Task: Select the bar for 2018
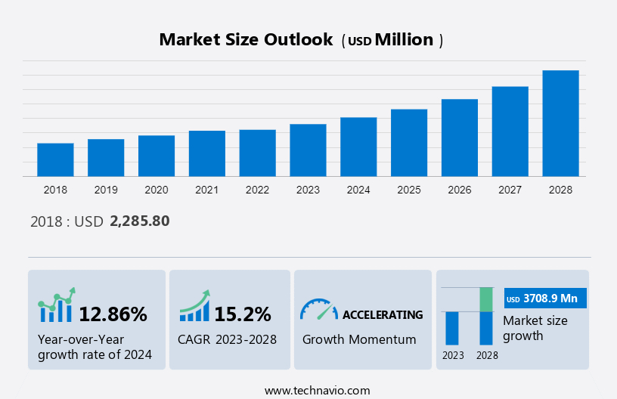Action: pos(55,159)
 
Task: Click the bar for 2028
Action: pos(560,123)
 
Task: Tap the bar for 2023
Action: pos(308,150)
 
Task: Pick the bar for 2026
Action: pos(459,138)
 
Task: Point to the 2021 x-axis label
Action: pos(206,190)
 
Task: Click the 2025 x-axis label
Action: pos(408,190)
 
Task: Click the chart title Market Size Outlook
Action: pos(246,40)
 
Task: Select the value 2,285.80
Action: pos(140,221)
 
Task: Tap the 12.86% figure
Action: pos(113,314)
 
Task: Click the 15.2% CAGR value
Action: pos(242,314)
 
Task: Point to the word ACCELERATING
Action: pos(383,314)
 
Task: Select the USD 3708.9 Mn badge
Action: pos(545,298)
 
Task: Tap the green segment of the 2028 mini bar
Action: pos(487,299)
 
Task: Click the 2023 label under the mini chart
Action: pos(453,354)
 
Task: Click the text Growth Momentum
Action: pos(359,339)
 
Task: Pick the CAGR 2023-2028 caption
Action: pos(227,339)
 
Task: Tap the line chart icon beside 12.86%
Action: pos(56,305)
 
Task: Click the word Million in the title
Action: pos(404,40)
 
